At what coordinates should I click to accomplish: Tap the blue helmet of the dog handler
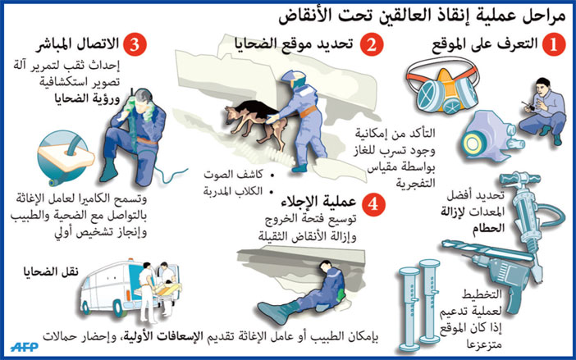point(291,80)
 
